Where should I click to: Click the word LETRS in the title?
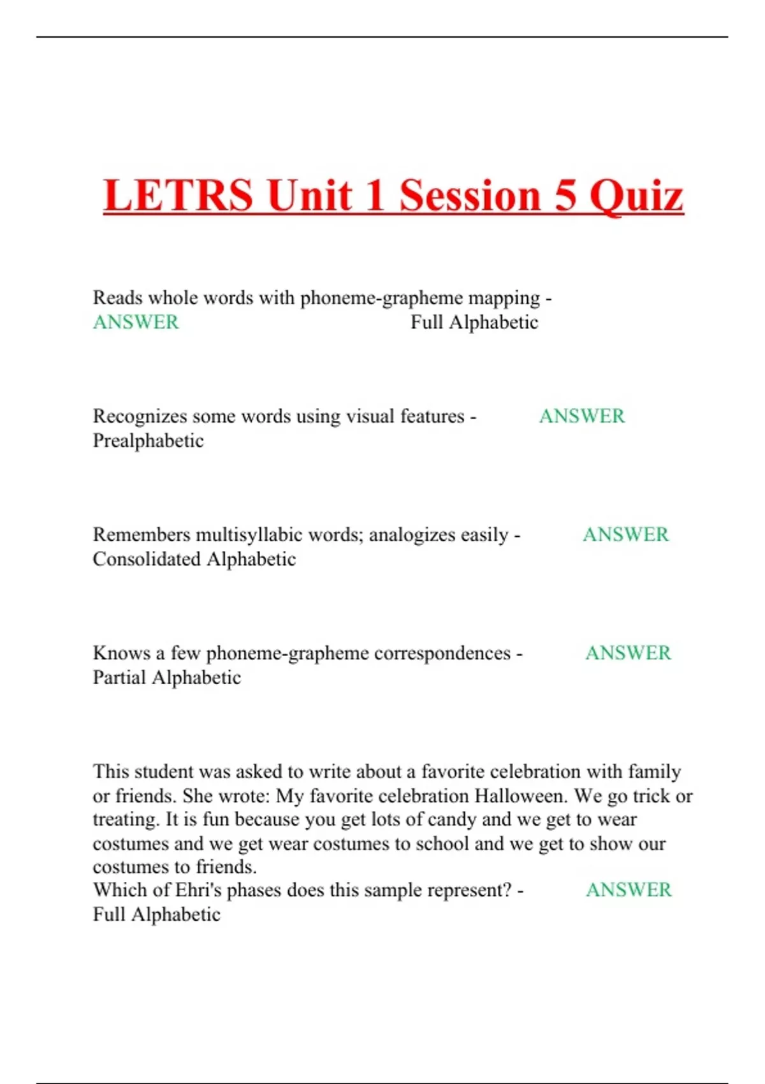pyautogui.click(x=178, y=195)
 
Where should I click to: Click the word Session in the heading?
pyautogui.click(x=470, y=195)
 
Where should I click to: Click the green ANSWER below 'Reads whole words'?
pyautogui.click(x=136, y=322)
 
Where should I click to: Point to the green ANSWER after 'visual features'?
pyautogui.click(x=581, y=416)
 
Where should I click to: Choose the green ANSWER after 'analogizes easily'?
pyautogui.click(x=625, y=534)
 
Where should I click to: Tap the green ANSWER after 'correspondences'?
pyautogui.click(x=628, y=653)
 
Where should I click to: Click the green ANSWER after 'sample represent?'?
pyautogui.click(x=629, y=890)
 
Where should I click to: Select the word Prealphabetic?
pyautogui.click(x=148, y=441)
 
